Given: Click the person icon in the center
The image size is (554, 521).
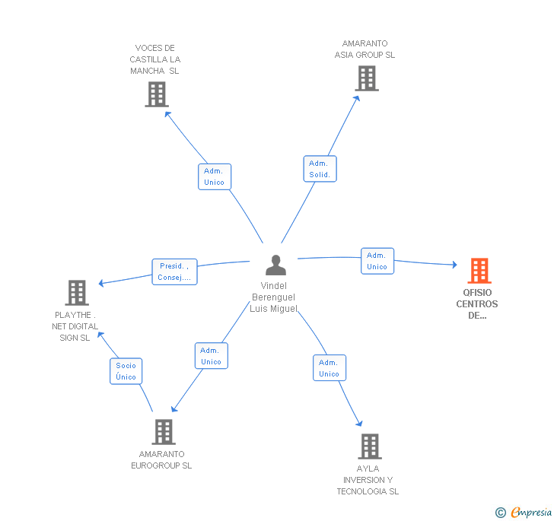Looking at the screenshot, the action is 275,265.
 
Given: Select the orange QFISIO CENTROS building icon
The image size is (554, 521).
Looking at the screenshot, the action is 479,271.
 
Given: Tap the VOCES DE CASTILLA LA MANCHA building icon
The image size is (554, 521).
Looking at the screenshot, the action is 157,94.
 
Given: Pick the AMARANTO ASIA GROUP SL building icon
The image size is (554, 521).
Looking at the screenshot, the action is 367,78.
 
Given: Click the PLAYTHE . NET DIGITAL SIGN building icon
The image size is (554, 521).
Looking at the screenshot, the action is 77,293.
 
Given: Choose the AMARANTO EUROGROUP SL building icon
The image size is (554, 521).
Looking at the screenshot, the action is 164,432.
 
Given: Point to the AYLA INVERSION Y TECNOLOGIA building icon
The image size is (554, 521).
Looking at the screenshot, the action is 370,446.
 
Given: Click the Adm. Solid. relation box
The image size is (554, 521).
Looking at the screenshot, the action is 320,169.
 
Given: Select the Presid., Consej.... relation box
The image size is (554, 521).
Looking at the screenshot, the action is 174,272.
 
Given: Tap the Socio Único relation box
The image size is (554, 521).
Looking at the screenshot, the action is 126,371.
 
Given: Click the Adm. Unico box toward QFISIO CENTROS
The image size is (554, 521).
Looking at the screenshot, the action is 377,261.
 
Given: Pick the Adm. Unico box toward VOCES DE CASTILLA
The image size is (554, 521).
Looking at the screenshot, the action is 215,176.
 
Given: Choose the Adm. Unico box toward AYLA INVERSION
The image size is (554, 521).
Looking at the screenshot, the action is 330,368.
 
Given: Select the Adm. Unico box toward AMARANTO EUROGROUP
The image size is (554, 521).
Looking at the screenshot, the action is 212,356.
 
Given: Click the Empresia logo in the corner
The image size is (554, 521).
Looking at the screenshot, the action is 531,512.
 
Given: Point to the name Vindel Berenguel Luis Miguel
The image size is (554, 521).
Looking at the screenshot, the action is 273,297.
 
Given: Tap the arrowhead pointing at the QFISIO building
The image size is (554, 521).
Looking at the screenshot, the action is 455,264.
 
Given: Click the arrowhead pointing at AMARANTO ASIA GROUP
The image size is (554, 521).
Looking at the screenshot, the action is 357,98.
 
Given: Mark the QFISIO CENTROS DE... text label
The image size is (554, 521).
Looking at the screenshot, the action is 477,304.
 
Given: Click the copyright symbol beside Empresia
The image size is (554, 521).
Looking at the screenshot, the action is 500,512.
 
